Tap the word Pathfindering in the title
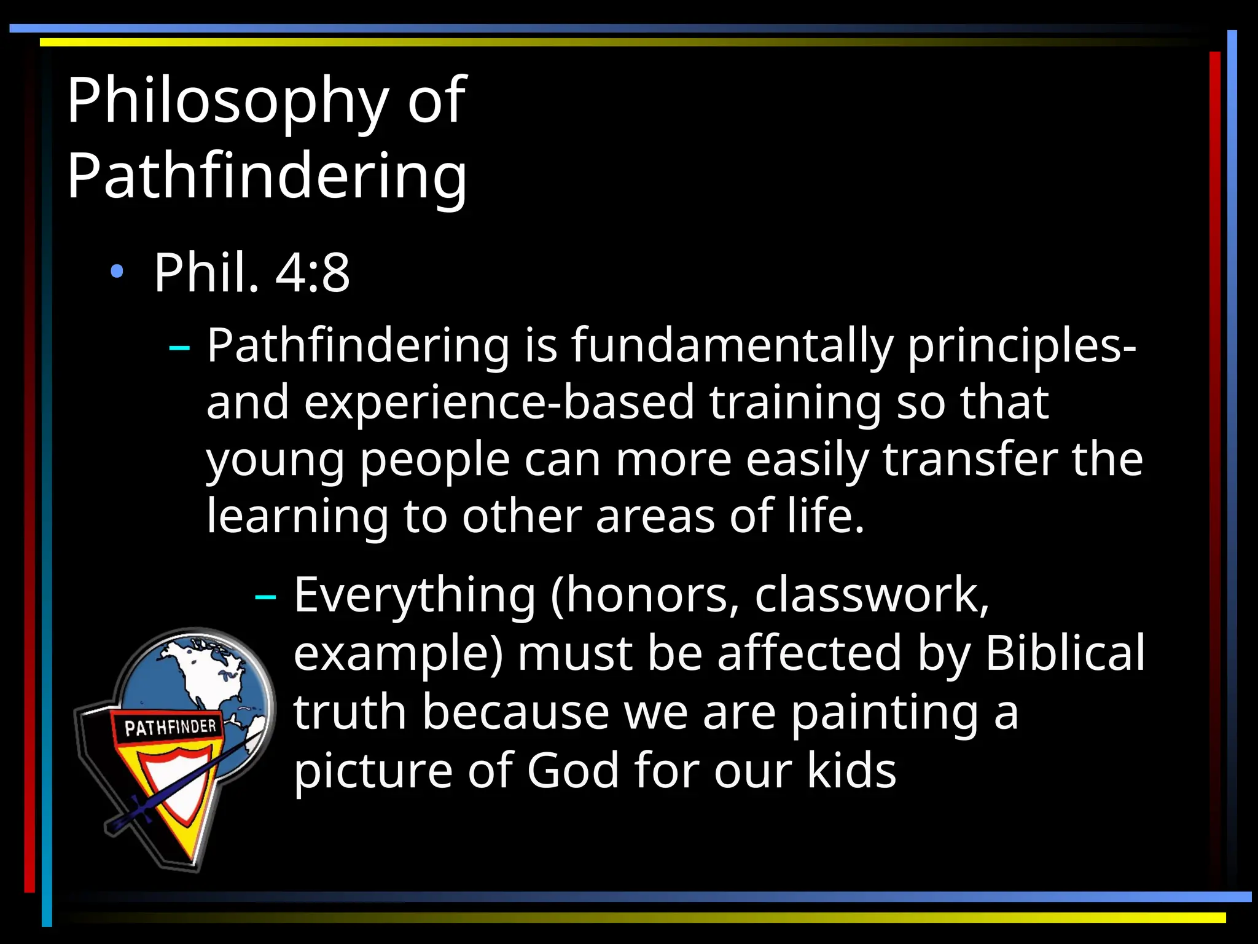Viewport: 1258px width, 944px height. coord(267,177)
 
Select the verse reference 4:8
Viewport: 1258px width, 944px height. coord(313,273)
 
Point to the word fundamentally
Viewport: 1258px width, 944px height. coord(732,346)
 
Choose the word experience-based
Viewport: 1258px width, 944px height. coord(499,403)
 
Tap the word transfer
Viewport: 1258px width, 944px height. coord(970,460)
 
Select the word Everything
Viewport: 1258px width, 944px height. coord(415,596)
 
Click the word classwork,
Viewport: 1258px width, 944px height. coord(872,596)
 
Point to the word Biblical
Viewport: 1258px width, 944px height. coord(1065,653)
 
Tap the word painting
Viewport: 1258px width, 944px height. coord(884,713)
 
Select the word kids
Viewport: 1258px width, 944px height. coord(851,771)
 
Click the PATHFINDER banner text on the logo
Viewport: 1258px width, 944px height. coord(170,728)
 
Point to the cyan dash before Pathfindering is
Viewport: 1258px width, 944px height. coord(179,348)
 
